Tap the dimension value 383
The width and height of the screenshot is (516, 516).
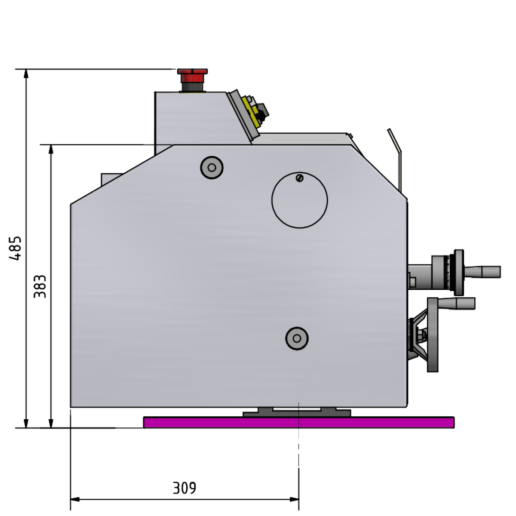(x=40, y=286)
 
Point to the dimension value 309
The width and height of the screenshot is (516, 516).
(x=184, y=488)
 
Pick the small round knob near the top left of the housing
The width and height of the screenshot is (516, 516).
(x=212, y=167)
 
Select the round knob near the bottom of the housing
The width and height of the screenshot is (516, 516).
(x=297, y=338)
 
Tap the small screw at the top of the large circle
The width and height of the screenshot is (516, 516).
(x=300, y=178)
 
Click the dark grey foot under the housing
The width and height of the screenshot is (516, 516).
(x=297, y=412)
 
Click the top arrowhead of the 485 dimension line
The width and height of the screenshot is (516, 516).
(x=26, y=74)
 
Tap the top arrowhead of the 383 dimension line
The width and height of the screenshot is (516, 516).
(x=51, y=149)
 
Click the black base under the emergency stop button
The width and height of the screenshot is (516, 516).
(x=192, y=87)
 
